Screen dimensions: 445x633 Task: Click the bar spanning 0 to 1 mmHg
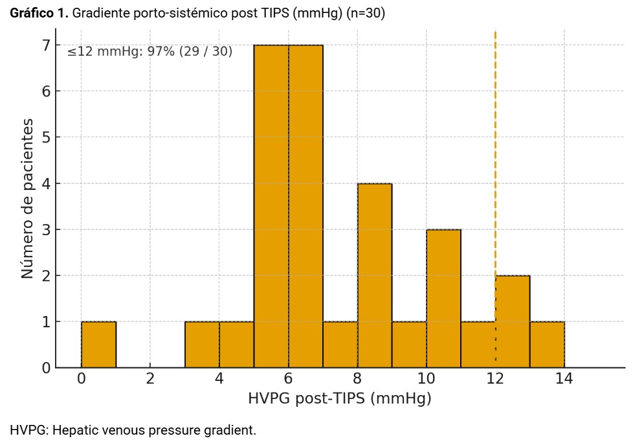click(98, 345)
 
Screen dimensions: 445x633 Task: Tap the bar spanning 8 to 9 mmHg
click(375, 275)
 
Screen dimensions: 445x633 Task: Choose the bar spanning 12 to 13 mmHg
click(513, 321)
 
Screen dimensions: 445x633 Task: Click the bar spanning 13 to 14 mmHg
click(547, 345)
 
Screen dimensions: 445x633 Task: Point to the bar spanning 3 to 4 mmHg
click(202, 345)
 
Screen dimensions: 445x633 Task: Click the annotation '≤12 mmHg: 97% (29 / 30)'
click(150, 52)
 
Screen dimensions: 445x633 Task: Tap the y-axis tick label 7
click(46, 45)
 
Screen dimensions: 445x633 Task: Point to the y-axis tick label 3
click(46, 229)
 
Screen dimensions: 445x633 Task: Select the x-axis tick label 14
click(564, 378)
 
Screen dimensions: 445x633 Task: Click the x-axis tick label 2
click(150, 378)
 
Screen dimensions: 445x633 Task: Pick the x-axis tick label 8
click(357, 378)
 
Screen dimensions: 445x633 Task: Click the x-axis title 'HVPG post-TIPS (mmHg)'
click(339, 399)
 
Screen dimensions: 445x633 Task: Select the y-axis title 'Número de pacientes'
click(27, 198)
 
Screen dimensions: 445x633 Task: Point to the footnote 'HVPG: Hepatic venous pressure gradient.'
click(133, 430)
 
